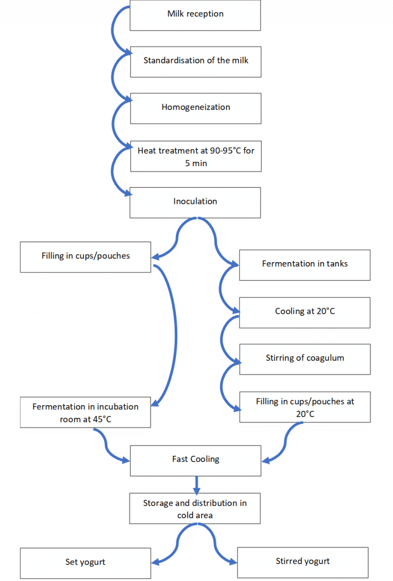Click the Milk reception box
pos(195,14)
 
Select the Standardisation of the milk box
pos(195,61)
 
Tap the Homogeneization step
pos(195,107)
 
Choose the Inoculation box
pos(195,201)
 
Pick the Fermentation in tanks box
pos(304,264)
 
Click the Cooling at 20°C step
pos(304,311)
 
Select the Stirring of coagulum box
pos(304,358)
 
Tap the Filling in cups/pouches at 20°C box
pos(304,407)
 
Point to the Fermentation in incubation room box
pos(85,412)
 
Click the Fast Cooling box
pos(195,459)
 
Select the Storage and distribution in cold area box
pos(195,508)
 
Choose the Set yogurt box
pos(85,562)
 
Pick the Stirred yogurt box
pos(303,562)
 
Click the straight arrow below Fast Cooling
pos(195,483)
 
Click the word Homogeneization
pos(195,107)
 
